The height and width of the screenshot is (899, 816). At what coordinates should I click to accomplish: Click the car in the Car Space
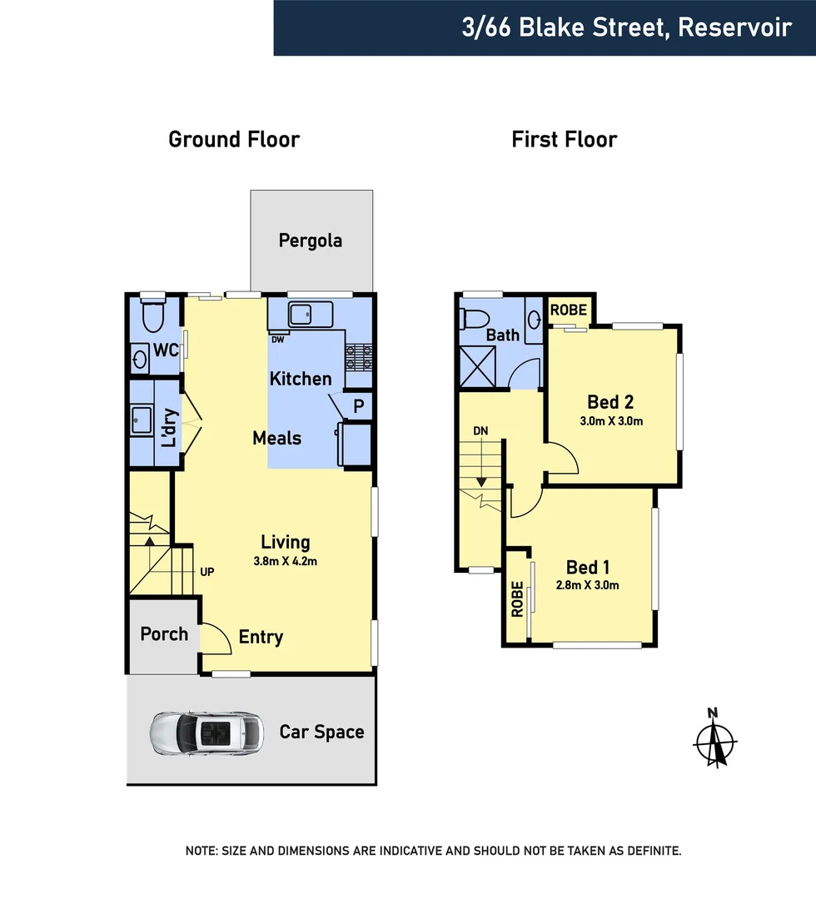tap(205, 733)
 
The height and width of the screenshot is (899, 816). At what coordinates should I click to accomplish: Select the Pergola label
tap(311, 241)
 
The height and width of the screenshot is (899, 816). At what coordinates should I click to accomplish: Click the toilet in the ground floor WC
tap(153, 317)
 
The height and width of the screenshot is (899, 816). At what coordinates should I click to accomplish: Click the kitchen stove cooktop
tap(359, 357)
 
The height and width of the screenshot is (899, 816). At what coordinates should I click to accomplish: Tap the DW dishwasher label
tap(276, 340)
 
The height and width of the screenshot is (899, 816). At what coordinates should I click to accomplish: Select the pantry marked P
tap(359, 406)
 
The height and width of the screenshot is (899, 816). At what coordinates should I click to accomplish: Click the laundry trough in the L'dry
tap(142, 420)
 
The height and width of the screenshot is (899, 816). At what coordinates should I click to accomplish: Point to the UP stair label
tap(207, 573)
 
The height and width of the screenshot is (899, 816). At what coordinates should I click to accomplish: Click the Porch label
tap(164, 634)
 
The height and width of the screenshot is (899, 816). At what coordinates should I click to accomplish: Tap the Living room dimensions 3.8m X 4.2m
tap(286, 561)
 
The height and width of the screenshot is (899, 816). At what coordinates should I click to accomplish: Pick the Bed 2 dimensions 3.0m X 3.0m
tap(611, 421)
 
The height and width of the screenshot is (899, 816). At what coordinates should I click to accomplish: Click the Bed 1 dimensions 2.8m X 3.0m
tap(588, 584)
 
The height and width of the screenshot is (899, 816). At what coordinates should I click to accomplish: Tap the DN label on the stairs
tap(480, 431)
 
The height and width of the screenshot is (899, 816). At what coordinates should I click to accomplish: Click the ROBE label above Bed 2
tap(570, 310)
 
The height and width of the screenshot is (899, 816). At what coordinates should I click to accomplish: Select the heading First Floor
tap(565, 139)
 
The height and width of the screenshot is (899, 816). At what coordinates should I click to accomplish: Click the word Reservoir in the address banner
tap(734, 27)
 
